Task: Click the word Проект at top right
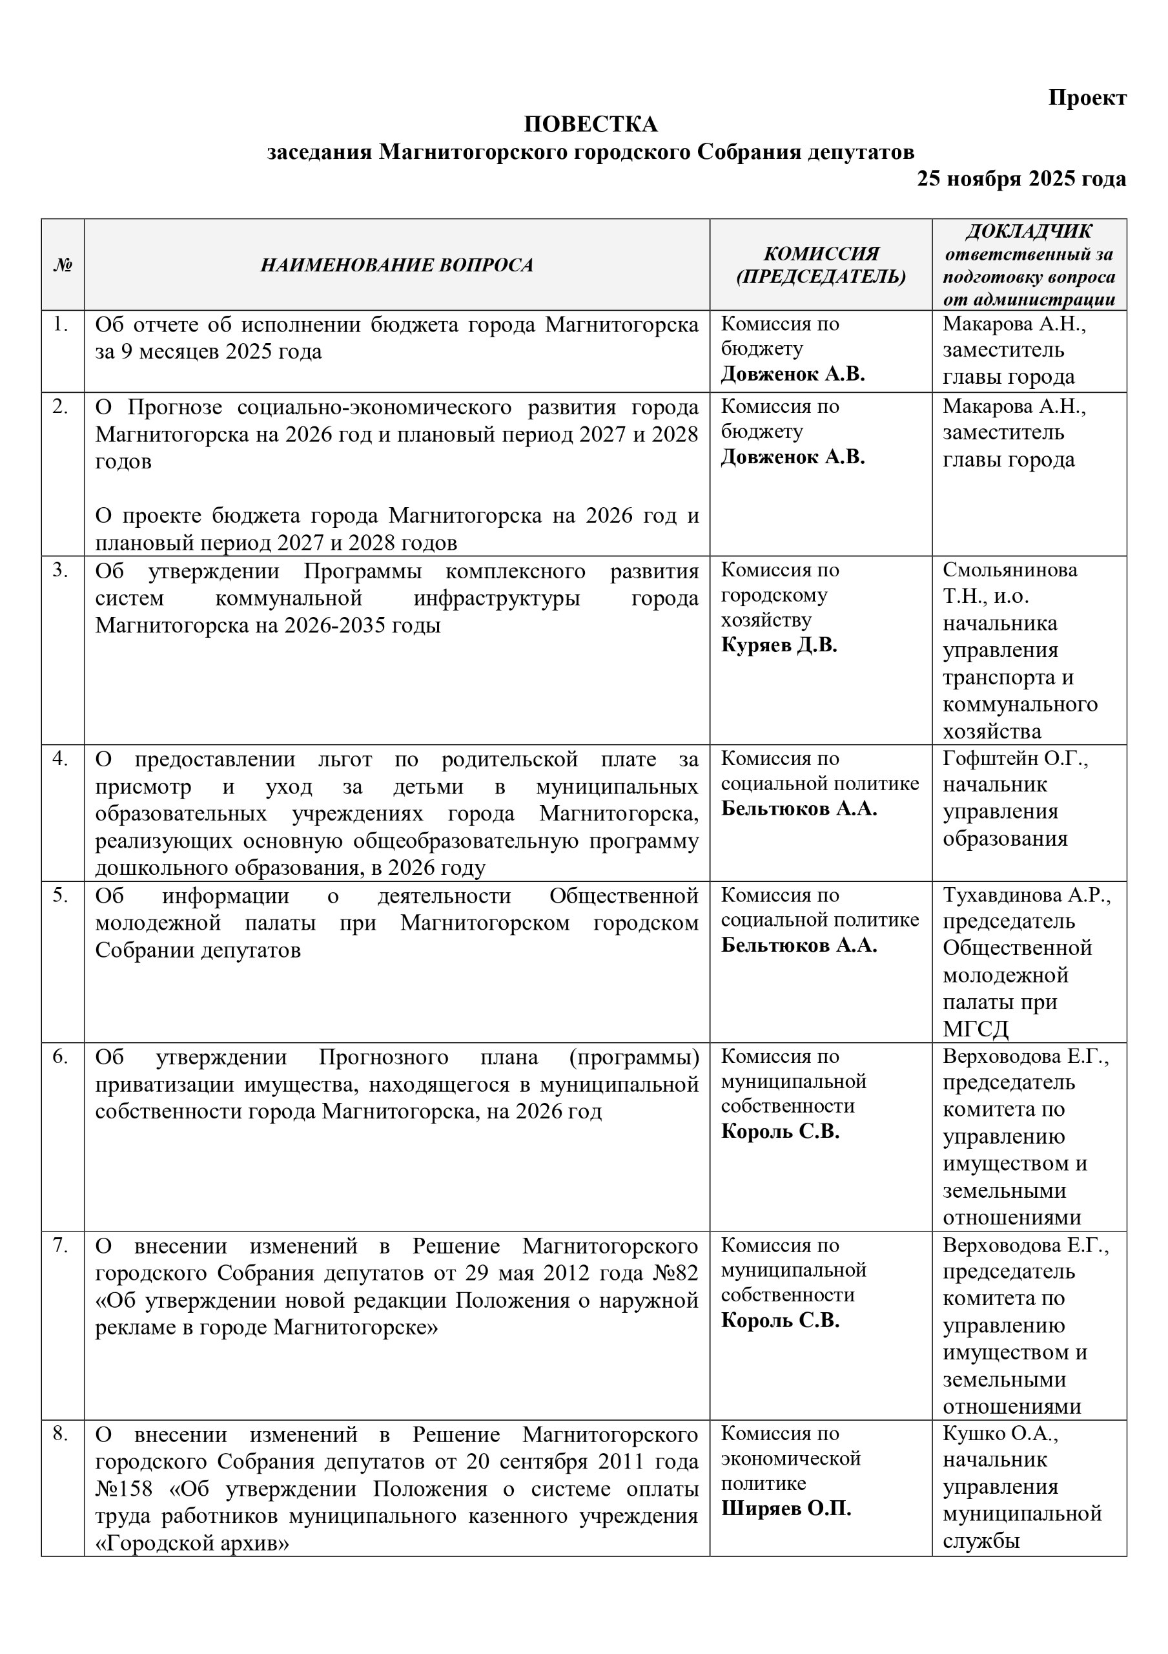[1087, 98]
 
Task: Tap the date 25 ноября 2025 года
[1020, 179]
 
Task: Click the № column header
[63, 265]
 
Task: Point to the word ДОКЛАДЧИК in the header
[1029, 231]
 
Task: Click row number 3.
[61, 571]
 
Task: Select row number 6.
[61, 1057]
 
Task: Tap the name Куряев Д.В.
[779, 645]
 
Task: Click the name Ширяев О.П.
[786, 1509]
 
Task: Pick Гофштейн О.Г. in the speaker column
[1014, 759]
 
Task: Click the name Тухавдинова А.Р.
[1026, 895]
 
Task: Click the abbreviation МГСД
[975, 1029]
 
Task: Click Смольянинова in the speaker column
[1010, 570]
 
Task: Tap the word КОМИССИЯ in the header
[820, 253]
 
